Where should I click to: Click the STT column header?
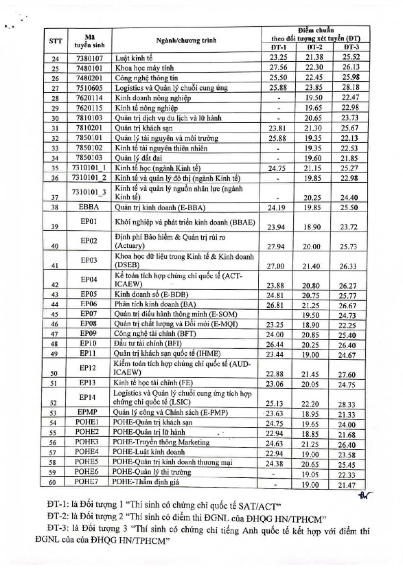coord(56,41)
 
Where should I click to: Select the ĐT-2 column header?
coord(314,47)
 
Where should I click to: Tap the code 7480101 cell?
coord(89,68)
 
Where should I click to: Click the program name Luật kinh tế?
coord(134,58)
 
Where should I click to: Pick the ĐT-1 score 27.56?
coord(278,68)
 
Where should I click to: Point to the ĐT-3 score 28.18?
coord(351,87)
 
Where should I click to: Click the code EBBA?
coord(89,207)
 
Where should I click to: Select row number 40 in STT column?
coord(54,246)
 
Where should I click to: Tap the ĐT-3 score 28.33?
coord(347,404)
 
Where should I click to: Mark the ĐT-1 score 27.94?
coord(276,247)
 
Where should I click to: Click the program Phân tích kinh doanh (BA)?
coord(155,304)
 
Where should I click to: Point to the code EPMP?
coord(87,412)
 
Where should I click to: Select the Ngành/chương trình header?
coord(186,41)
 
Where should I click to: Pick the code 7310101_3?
coord(89,192)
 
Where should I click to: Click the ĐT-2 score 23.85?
coord(313,88)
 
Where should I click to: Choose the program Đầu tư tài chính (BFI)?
coord(147,344)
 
